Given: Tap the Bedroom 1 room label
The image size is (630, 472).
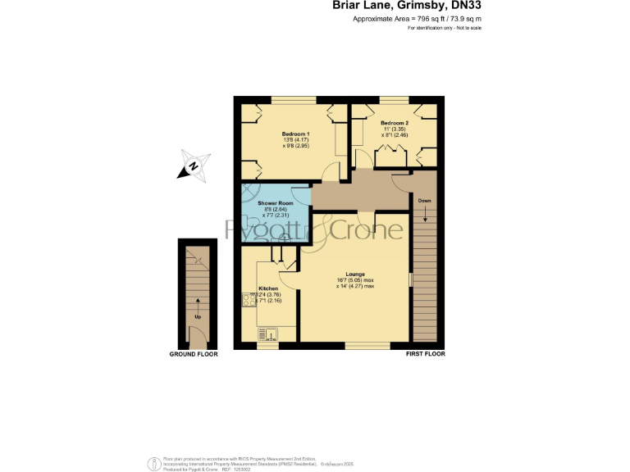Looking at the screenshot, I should tap(295, 134).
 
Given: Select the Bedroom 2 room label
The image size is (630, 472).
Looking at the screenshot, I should tap(394, 123).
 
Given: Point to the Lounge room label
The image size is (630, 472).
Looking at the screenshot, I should tap(354, 274).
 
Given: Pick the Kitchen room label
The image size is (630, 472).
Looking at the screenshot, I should tap(268, 289).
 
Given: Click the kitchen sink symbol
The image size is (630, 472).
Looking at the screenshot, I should tap(269, 334).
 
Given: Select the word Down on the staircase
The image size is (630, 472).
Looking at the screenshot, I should tap(424, 201).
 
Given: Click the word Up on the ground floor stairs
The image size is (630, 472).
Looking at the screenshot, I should tap(198, 315).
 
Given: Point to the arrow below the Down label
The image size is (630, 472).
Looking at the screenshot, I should tap(424, 215).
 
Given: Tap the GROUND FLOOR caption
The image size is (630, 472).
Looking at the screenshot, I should tap(193, 355).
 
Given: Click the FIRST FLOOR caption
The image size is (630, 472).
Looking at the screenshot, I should tap(425, 355).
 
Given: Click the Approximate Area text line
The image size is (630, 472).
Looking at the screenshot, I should tap(417, 18).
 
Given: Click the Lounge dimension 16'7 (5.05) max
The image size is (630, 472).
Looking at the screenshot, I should tap(355, 280).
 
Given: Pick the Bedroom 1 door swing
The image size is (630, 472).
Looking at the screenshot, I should tap(330, 172).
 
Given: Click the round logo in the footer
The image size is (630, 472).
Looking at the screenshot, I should tap(152, 463).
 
